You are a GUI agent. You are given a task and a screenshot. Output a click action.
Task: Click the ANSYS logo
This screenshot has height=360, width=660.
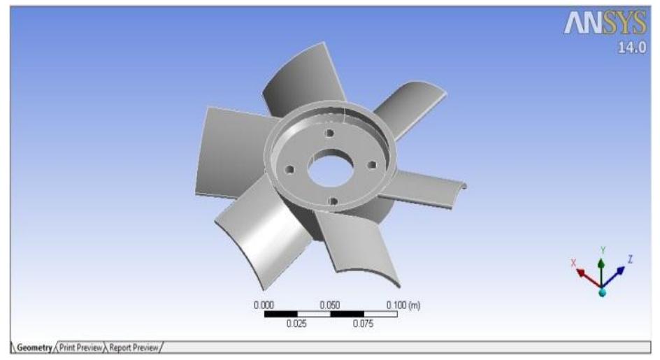[605, 26]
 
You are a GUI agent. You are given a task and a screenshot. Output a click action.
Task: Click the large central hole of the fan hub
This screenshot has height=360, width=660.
[327, 170]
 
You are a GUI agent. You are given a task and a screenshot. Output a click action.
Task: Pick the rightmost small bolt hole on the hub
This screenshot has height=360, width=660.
[371, 165]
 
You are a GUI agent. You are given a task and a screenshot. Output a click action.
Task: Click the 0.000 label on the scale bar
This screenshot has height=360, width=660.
[264, 305]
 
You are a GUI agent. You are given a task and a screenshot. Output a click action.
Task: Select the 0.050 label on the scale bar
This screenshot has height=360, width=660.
[330, 305]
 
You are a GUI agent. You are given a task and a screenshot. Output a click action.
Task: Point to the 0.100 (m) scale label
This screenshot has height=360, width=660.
[403, 305]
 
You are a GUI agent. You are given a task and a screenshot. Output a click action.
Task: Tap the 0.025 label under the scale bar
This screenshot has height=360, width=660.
[296, 324]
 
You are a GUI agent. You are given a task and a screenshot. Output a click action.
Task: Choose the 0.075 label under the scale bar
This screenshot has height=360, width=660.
[364, 324]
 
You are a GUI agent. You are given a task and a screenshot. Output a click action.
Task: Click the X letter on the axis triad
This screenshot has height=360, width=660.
[574, 263]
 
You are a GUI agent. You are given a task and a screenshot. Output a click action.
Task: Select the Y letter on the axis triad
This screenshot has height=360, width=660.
[603, 250]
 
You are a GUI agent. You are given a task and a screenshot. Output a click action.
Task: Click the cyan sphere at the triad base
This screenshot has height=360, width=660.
[602, 292]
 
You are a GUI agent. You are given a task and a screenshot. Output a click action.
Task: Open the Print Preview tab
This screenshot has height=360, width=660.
[81, 347]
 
